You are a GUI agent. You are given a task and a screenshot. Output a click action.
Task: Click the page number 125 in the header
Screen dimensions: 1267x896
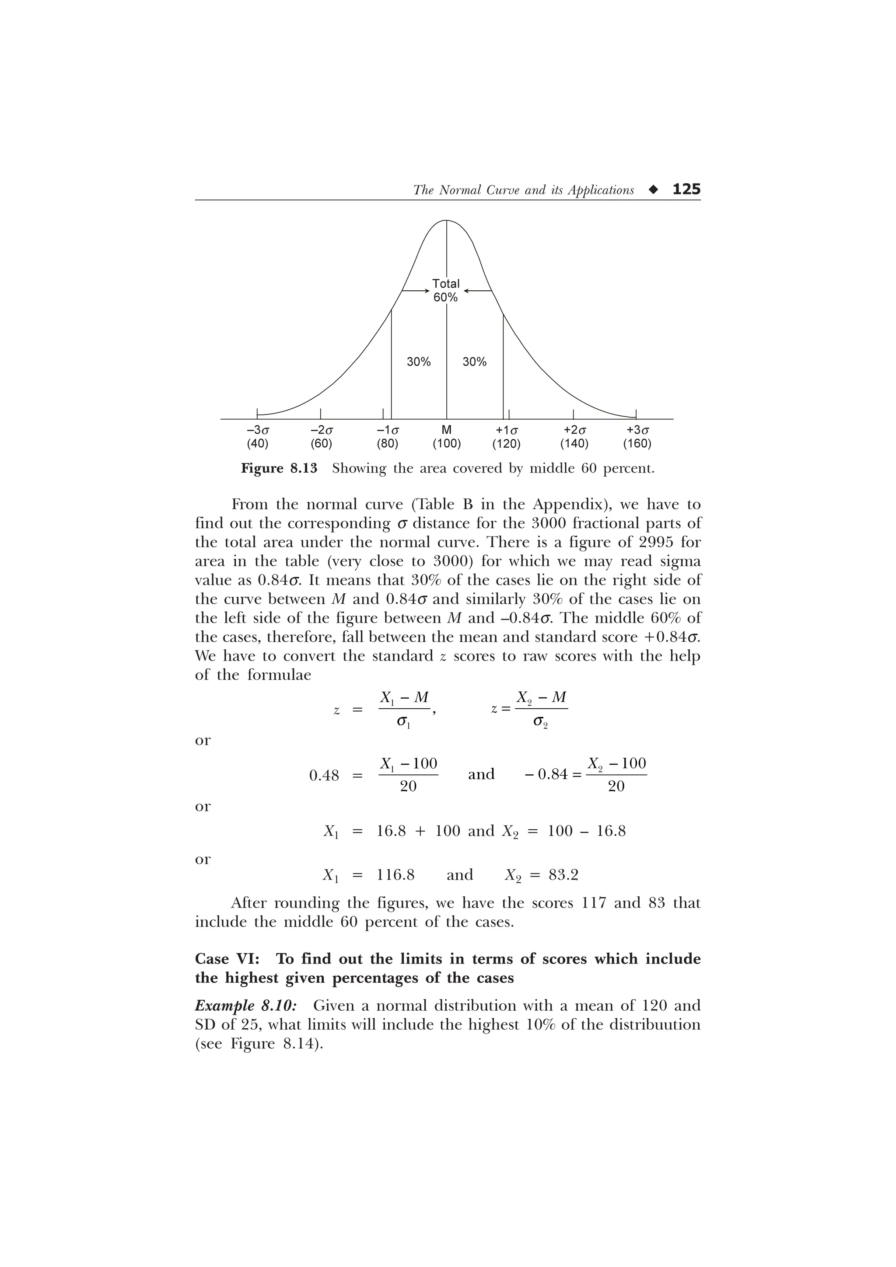click(x=686, y=189)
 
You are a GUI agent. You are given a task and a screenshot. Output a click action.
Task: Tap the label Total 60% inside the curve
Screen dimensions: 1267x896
click(x=445, y=290)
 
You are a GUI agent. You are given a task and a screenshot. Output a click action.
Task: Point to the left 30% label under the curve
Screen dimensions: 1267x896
click(x=418, y=362)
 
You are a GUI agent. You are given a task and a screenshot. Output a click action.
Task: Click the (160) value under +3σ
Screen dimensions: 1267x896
click(x=637, y=444)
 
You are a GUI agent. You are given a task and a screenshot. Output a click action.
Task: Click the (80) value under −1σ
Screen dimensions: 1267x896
click(x=387, y=444)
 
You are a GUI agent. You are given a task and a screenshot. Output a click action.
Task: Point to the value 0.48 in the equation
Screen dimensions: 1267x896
click(x=324, y=775)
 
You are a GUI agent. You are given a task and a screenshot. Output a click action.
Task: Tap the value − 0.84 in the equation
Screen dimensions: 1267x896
click(x=546, y=774)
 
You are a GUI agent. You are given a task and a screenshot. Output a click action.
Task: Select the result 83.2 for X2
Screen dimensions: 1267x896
click(x=563, y=875)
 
